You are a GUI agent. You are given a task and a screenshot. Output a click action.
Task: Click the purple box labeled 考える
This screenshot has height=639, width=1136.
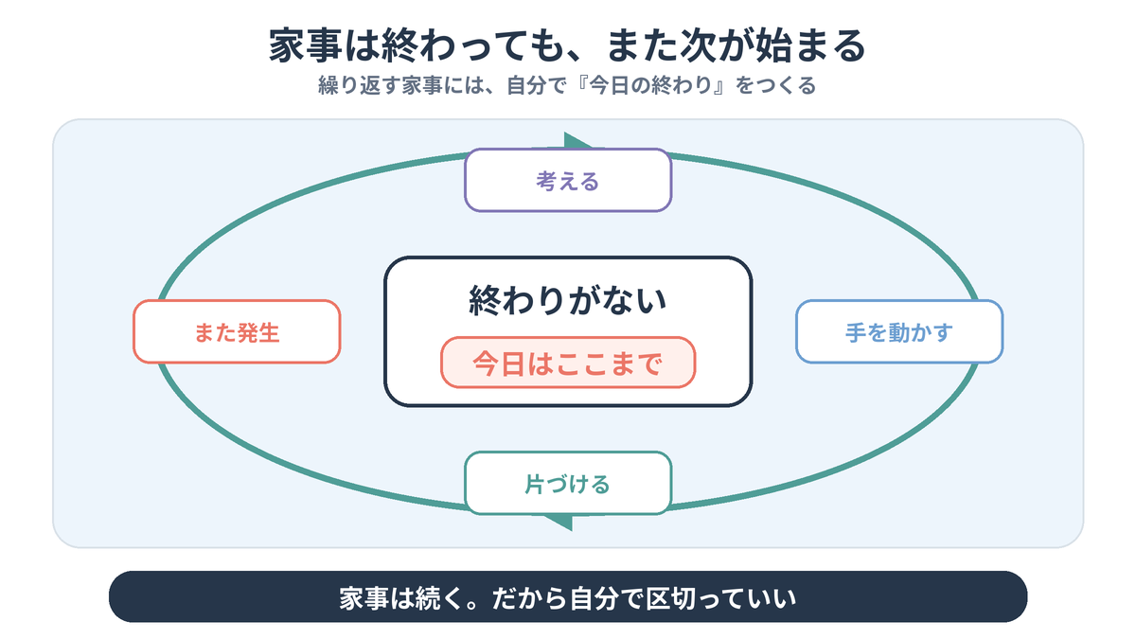pos(568,180)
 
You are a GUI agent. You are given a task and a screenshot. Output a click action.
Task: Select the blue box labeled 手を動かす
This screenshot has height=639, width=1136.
pos(899,331)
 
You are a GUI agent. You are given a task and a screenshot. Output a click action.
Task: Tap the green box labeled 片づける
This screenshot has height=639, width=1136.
pos(568,484)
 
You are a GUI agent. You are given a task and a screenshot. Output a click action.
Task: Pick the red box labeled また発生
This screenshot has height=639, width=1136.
pos(237,331)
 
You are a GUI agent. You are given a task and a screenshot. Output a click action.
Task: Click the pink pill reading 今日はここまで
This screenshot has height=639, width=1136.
pos(568,363)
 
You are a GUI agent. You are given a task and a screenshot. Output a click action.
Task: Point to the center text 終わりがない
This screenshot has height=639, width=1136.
pos(567,300)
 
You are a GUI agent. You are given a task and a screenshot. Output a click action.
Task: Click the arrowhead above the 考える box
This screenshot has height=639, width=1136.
pos(578,141)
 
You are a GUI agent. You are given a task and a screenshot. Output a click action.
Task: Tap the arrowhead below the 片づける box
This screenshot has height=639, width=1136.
pos(559,523)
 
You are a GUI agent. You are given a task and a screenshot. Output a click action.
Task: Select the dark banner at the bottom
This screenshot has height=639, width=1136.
pos(568,597)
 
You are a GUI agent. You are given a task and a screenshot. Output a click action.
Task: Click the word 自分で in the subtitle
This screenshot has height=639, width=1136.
pos(536,85)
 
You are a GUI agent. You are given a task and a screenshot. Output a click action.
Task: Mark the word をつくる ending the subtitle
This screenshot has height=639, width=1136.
pos(776,85)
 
